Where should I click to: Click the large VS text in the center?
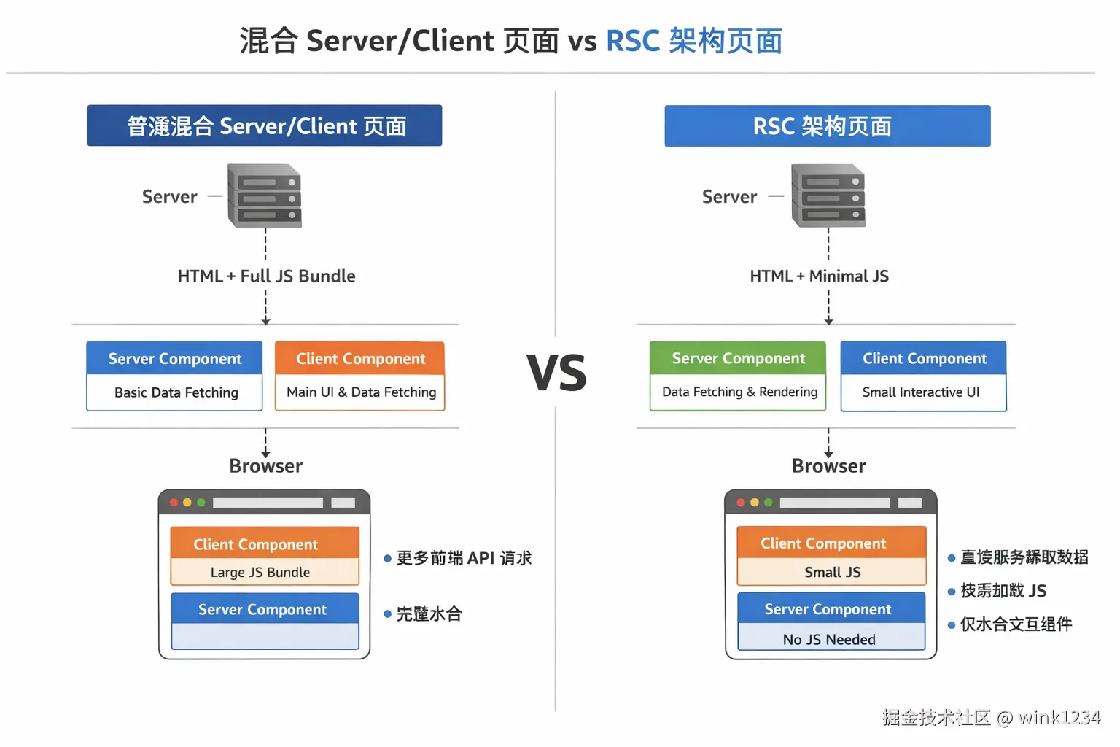coord(556,373)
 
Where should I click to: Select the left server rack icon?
coord(265,196)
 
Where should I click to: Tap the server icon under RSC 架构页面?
coord(828,196)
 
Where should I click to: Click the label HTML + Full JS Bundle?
coord(266,276)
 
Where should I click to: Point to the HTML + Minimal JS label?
coord(819,276)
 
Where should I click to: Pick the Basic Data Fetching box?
coord(175,392)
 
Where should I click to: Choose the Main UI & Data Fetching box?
coord(361,392)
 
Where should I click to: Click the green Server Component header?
coord(738,358)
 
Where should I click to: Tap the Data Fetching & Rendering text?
coord(739,392)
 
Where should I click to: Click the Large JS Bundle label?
coord(260,573)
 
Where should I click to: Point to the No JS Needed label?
coord(829,640)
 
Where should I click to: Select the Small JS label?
coord(832,573)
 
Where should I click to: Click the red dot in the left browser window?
coord(174,503)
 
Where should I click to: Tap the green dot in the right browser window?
coord(768,503)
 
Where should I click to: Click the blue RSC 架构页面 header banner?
coord(827,126)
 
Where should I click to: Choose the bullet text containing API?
coord(464,559)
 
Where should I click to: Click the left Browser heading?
coord(266,466)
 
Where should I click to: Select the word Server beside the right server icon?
coord(729,197)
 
